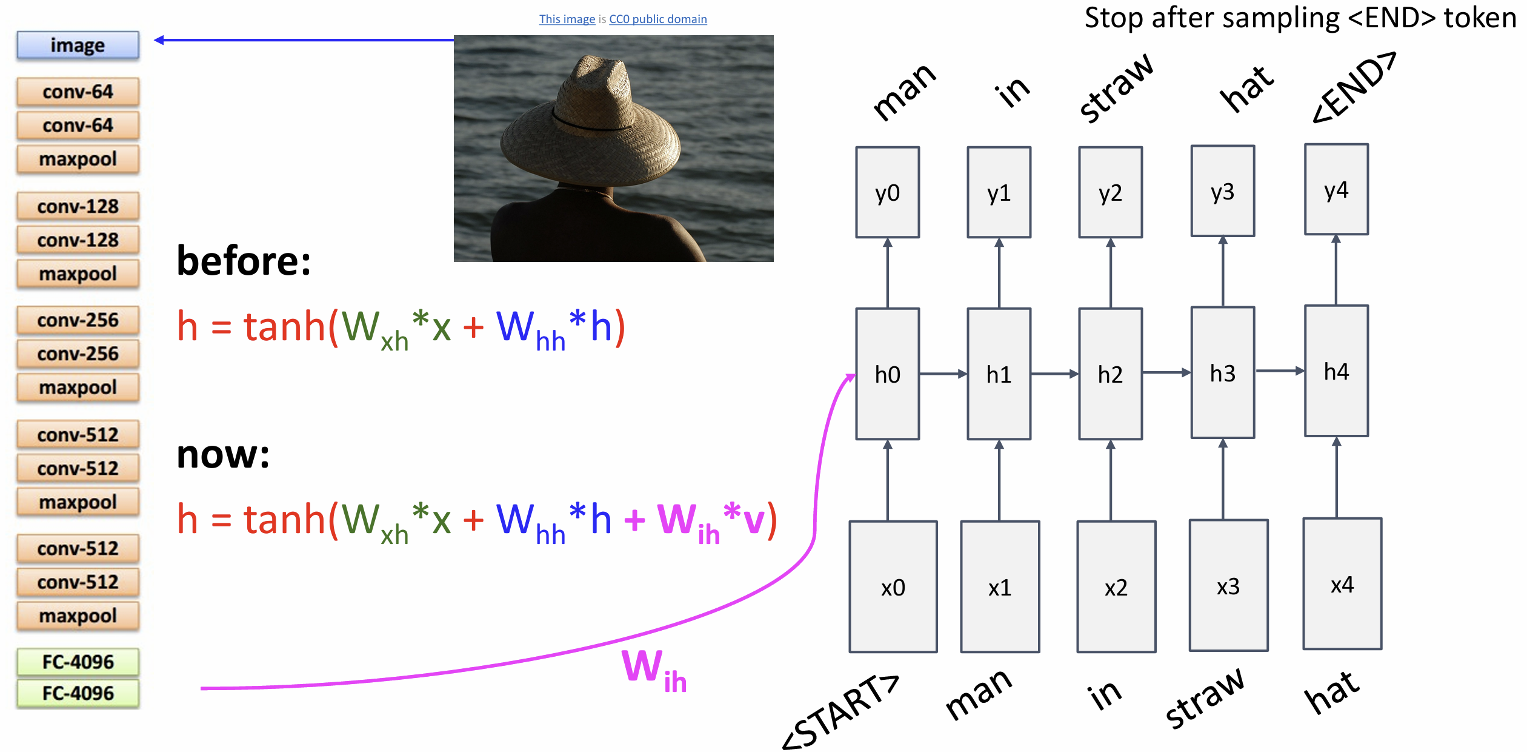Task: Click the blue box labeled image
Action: [78, 45]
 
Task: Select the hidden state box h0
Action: [887, 374]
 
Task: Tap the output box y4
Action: [1336, 189]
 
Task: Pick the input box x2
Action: [1116, 586]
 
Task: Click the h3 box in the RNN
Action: [1223, 372]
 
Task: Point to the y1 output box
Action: [999, 192]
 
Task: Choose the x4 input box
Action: [1342, 583]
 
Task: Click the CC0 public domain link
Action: [657, 19]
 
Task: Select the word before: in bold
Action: [244, 260]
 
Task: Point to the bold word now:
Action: [223, 454]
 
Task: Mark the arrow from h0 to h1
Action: [943, 374]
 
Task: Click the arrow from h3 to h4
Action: [1280, 371]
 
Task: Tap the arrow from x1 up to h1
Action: [999, 480]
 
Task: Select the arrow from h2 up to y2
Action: [1111, 273]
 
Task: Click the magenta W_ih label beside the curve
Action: [654, 670]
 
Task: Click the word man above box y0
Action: [904, 91]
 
